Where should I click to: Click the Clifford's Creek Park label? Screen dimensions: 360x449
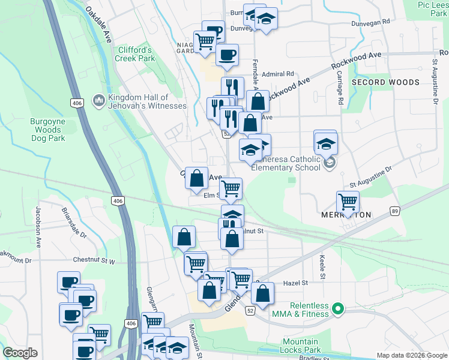point(134,54)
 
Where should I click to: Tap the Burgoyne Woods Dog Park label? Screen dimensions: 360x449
point(47,130)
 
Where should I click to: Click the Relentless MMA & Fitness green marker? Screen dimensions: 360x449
point(338,310)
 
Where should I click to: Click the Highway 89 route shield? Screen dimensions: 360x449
point(394,211)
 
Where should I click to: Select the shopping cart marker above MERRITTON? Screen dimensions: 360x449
point(348,202)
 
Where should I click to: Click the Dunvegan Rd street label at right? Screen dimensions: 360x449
point(371,20)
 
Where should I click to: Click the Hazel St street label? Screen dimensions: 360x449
point(295,283)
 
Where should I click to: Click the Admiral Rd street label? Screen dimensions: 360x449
point(282,74)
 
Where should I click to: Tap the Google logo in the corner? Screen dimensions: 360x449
point(20,353)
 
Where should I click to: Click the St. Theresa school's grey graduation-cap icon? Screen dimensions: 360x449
point(328,163)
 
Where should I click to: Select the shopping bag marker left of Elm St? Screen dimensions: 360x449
point(196,178)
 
